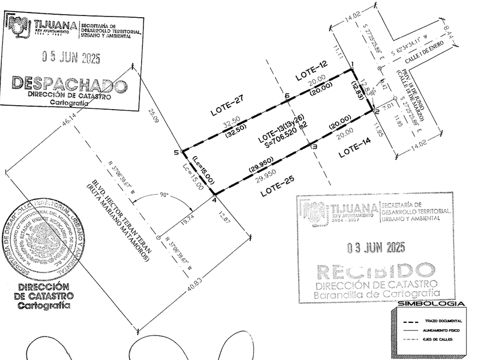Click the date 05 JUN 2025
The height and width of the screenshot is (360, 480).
(x=71, y=57)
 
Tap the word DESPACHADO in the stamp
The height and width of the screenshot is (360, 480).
(x=69, y=83)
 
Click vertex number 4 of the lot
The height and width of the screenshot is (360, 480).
(x=214, y=200)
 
